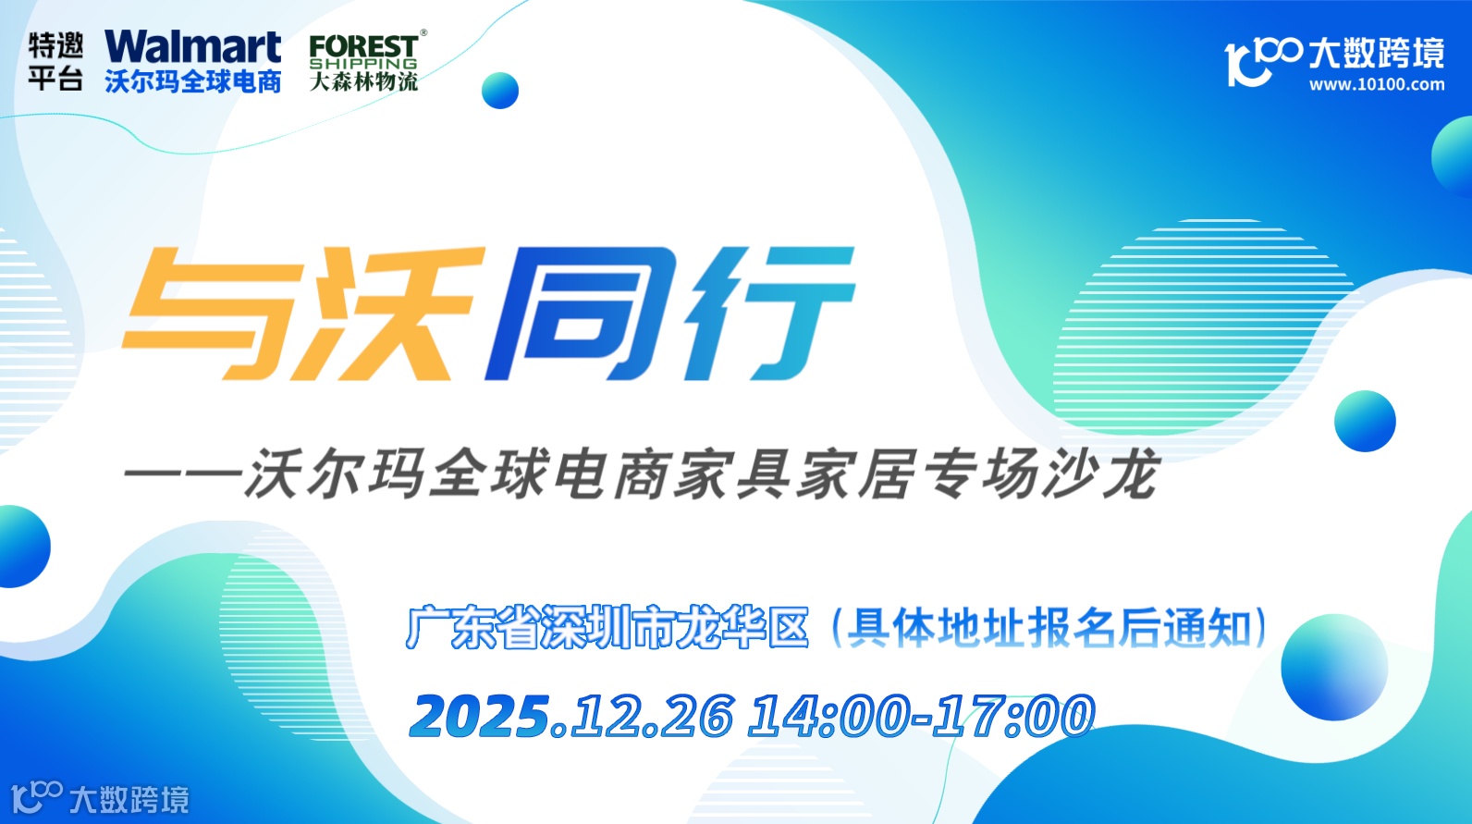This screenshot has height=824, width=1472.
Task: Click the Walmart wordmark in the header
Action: click(x=192, y=47)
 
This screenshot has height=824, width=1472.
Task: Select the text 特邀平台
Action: click(x=55, y=62)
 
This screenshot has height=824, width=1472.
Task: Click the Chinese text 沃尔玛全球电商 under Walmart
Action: click(x=192, y=82)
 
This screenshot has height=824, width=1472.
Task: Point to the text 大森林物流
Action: click(x=363, y=82)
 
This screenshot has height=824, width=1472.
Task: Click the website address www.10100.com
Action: click(x=1376, y=84)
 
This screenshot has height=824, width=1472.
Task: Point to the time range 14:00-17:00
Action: click(x=921, y=717)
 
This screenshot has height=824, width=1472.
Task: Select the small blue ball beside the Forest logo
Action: click(x=500, y=91)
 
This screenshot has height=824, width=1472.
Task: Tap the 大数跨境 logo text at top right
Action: click(x=1376, y=54)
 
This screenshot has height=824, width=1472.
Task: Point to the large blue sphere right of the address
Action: click(x=1333, y=667)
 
